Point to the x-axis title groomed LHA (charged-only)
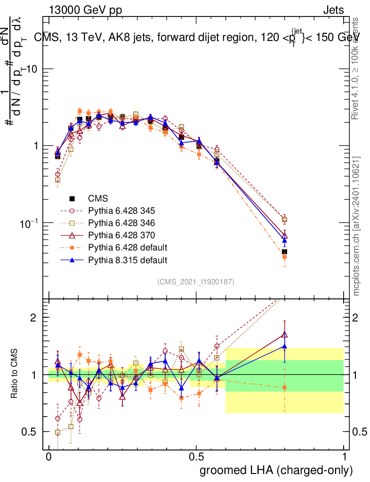(x=276, y=470)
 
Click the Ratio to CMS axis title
(x=15, y=374)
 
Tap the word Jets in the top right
(x=333, y=10)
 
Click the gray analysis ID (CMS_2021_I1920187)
(x=196, y=282)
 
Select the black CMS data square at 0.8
(x=284, y=252)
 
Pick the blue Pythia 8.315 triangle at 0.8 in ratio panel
(x=284, y=346)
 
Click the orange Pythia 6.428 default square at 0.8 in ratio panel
(x=284, y=387)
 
